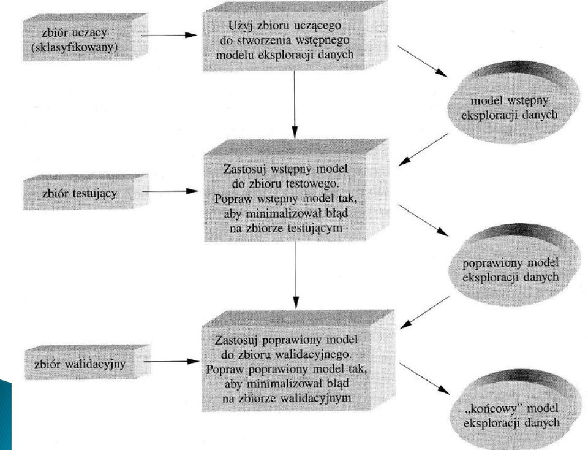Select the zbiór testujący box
click(86, 192)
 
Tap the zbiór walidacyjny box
click(88, 362)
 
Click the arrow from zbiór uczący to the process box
click(169, 36)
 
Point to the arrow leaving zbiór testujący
click(170, 191)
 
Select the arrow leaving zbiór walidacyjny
click(171, 362)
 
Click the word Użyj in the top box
click(238, 26)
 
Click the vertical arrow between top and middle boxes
click(295, 105)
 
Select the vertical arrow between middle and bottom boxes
click(296, 275)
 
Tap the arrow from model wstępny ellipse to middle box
click(423, 150)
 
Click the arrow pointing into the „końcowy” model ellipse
click(424, 379)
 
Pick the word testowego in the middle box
click(317, 184)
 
